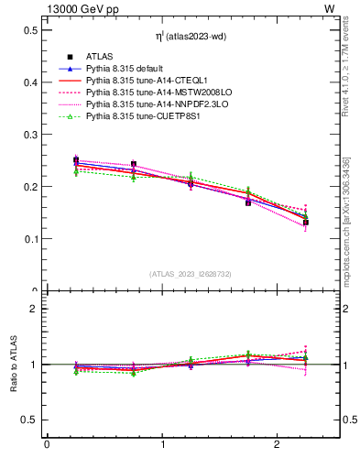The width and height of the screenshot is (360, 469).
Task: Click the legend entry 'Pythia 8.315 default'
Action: pyautogui.click(x=125, y=69)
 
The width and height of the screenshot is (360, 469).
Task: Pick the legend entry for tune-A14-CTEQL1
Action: pyautogui.click(x=138, y=81)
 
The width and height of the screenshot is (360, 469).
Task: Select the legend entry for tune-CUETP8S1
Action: pyautogui.click(x=137, y=116)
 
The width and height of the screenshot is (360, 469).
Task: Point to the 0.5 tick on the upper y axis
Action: pyautogui.click(x=29, y=30)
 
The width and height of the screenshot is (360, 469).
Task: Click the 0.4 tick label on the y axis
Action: pyautogui.click(x=29, y=82)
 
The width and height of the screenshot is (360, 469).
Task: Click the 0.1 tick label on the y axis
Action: pyautogui.click(x=29, y=239)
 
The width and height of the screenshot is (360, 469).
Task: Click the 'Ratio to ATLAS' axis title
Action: pyautogui.click(x=12, y=365)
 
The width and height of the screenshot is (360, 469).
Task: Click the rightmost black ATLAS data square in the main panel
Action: pyautogui.click(x=306, y=223)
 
